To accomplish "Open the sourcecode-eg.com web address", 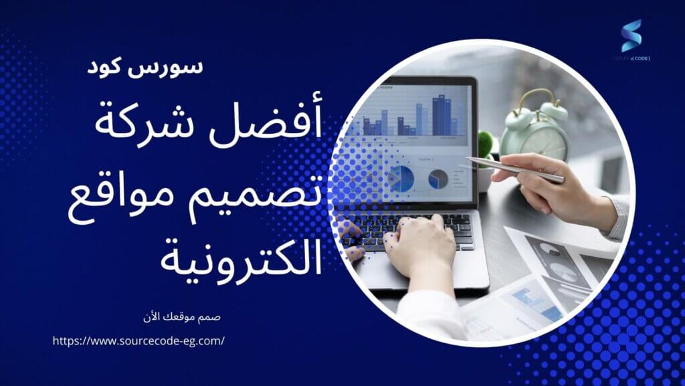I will tap(138, 341).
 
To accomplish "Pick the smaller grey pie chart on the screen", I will tap(438, 179).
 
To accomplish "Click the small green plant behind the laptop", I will tap(486, 144).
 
